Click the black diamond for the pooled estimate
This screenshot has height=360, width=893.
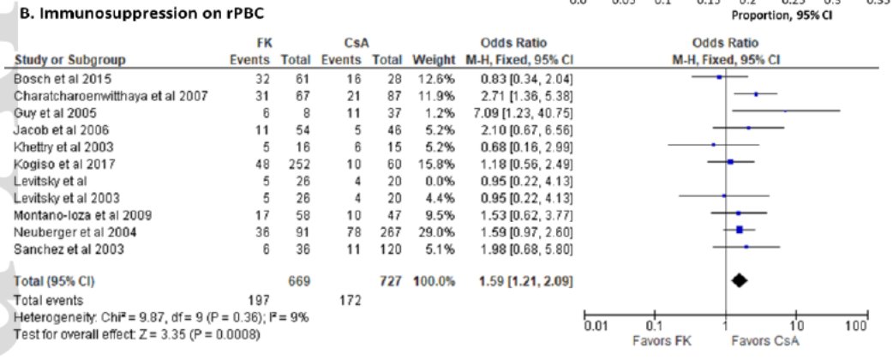738,279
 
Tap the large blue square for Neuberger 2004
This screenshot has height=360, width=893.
739,229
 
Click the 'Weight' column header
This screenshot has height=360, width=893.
429,59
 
